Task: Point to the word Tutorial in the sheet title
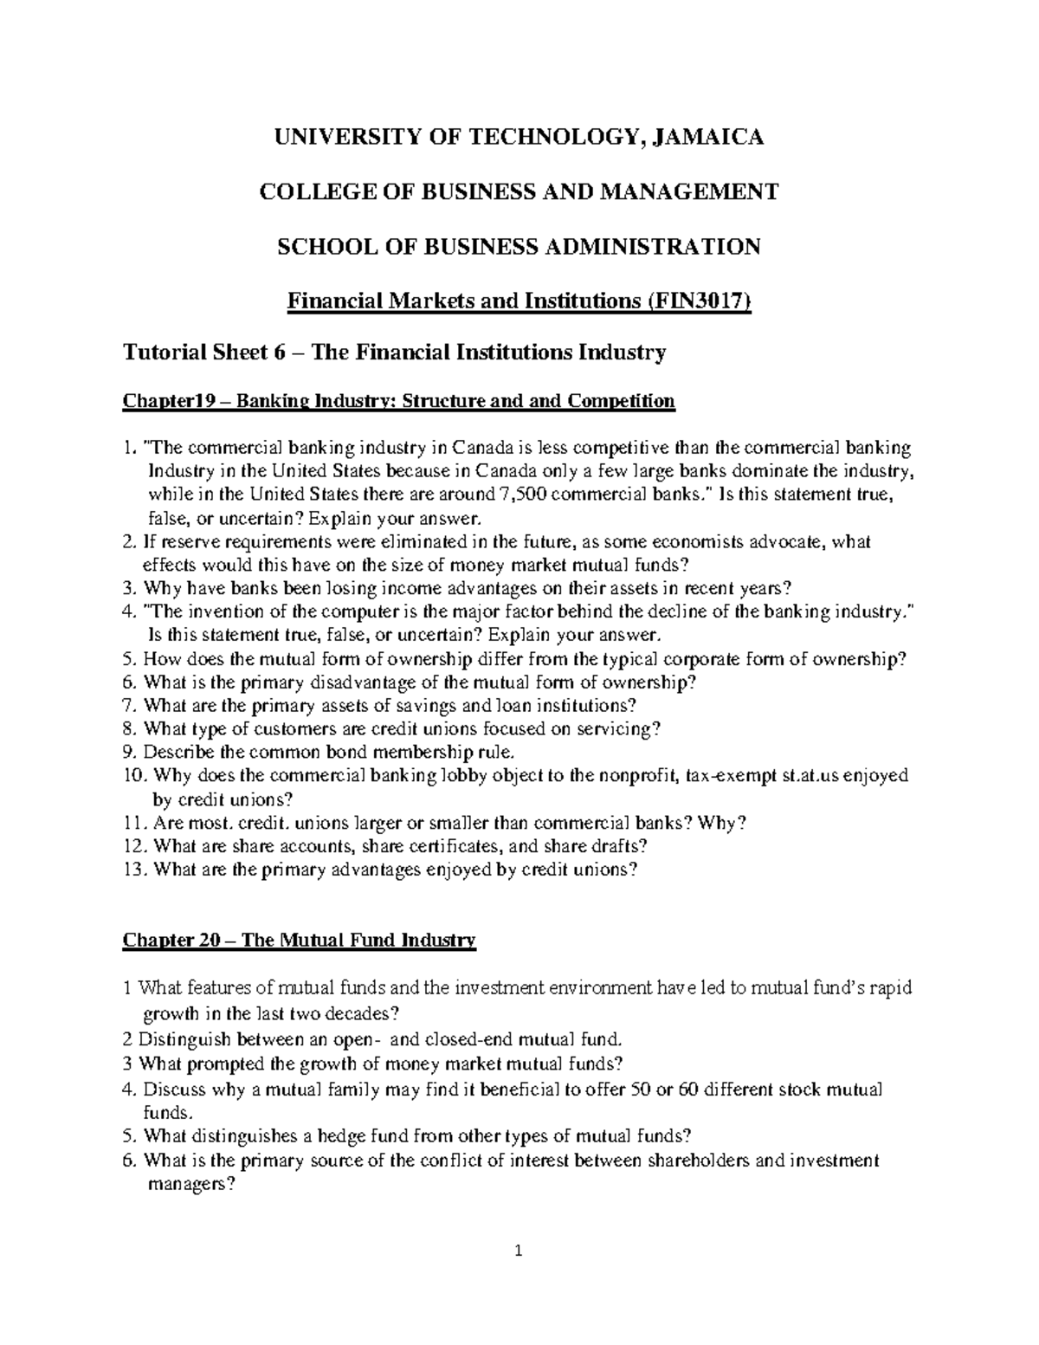pyautogui.click(x=161, y=352)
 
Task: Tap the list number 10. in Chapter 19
pyautogui.click(x=136, y=776)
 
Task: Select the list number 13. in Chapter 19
pyautogui.click(x=136, y=870)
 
